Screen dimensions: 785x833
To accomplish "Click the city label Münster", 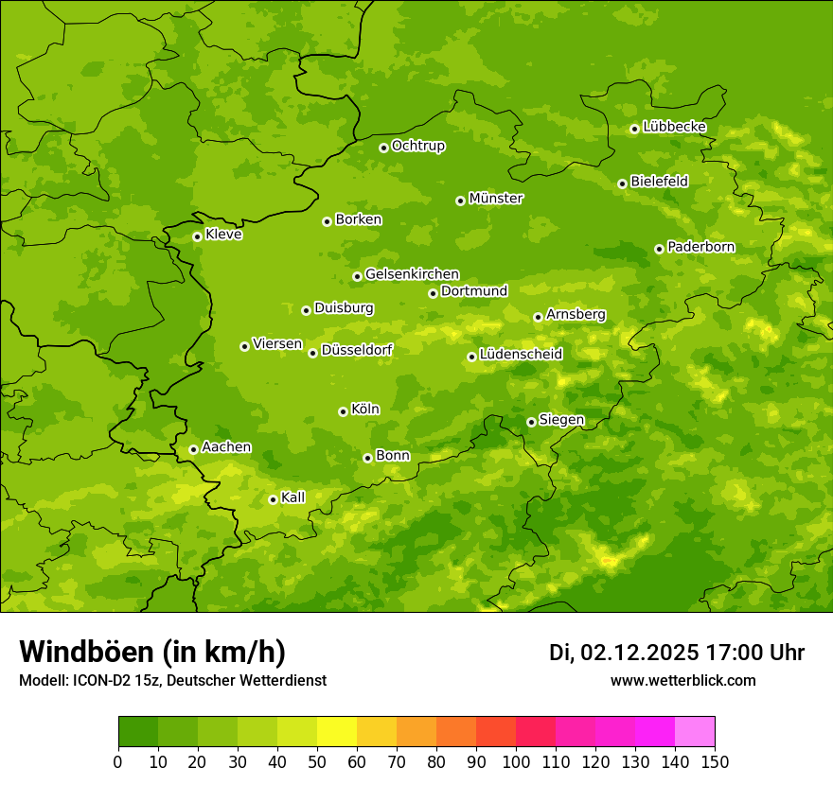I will [x=496, y=199].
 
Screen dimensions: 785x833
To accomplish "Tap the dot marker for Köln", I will [x=343, y=411].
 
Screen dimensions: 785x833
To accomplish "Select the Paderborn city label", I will [x=700, y=247].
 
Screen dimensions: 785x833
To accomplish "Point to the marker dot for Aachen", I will [x=193, y=449].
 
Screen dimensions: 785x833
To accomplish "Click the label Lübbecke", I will [x=674, y=127].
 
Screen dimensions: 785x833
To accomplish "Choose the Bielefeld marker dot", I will [x=622, y=183].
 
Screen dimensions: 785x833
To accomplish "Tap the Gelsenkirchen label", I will [x=412, y=274].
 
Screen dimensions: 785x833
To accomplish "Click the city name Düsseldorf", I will [x=357, y=350].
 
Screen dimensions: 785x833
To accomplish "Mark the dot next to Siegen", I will [x=531, y=422].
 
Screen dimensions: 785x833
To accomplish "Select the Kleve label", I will [x=223, y=235].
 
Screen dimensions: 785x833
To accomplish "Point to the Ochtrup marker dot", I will [x=383, y=148].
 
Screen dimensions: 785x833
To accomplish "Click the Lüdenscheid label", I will [x=521, y=355].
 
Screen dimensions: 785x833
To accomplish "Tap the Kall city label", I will [x=293, y=497].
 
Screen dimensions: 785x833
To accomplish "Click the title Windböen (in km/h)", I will [x=152, y=652].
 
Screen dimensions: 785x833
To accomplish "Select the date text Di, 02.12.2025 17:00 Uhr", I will [x=677, y=653].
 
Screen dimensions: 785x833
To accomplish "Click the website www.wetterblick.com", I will [x=683, y=681].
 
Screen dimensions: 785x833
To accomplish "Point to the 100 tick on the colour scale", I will [x=516, y=761].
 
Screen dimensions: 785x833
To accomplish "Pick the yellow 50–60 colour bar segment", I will [x=337, y=732].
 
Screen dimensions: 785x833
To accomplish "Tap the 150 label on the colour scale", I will [x=715, y=761].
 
